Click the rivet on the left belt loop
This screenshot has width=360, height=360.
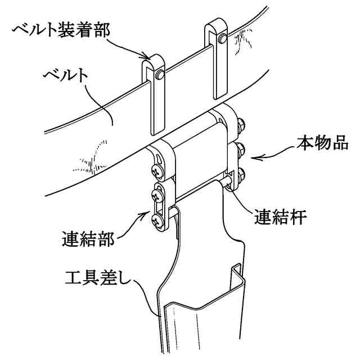click(161, 74)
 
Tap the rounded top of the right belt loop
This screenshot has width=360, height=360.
click(215, 25)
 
